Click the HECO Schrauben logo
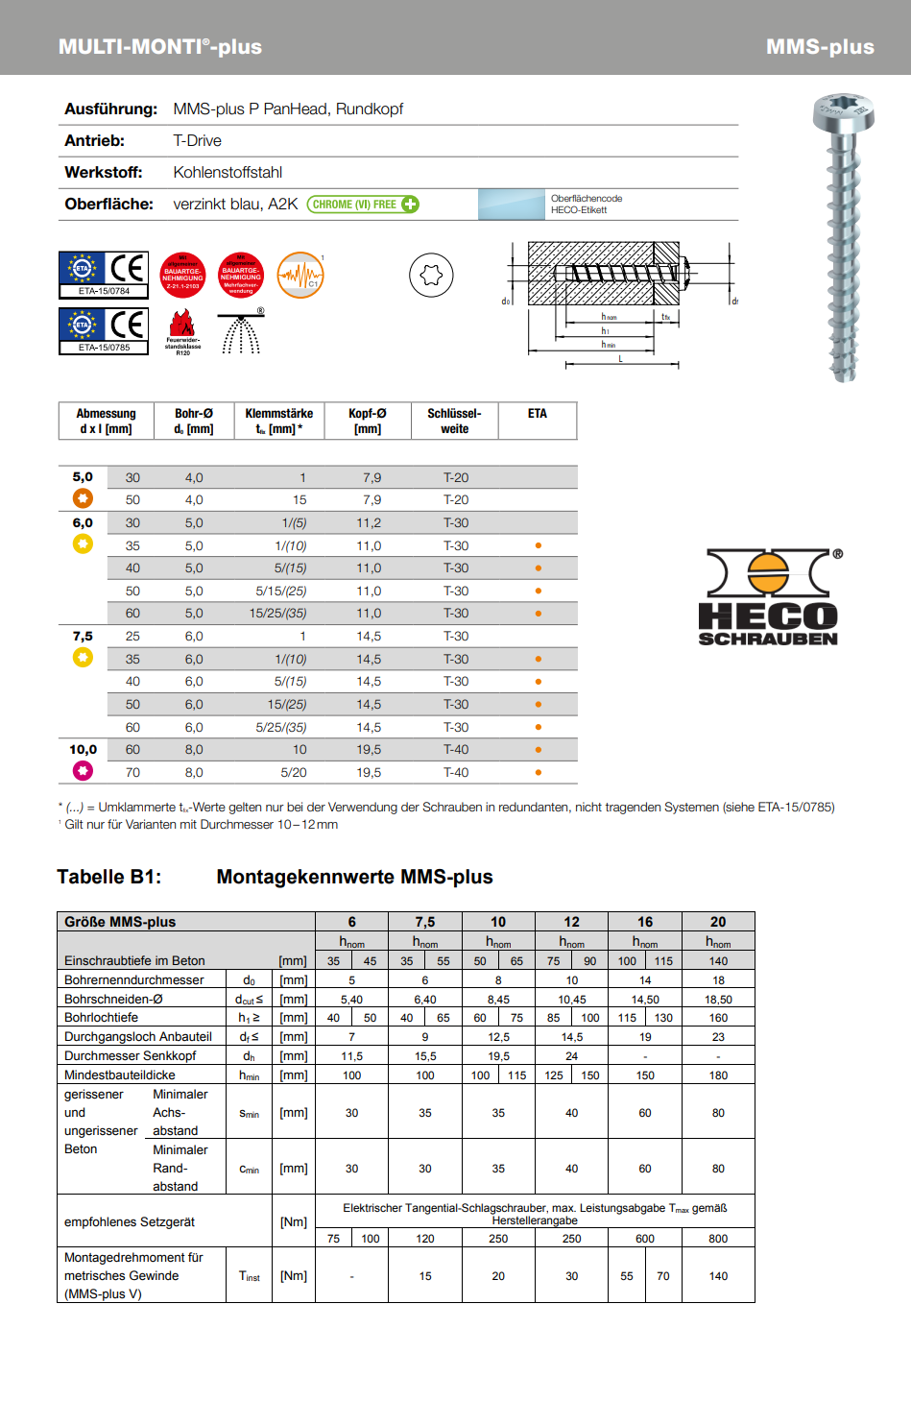point(769,597)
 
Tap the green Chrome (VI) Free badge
point(363,205)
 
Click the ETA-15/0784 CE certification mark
point(104,275)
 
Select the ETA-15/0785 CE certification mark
point(104,331)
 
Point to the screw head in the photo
point(843,112)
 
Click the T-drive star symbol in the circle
point(431,276)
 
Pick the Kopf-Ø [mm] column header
point(368,422)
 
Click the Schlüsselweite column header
point(455,422)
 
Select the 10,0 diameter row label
point(83,750)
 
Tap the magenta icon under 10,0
point(83,770)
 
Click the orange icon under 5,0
point(83,498)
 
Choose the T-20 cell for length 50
point(456,500)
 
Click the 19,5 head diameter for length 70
point(369,773)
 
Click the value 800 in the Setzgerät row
point(718,1239)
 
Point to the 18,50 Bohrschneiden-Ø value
point(718,1000)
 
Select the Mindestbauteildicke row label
point(120,1075)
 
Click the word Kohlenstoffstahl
point(228,173)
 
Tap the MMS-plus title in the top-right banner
point(820,47)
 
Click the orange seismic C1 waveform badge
point(300,276)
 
